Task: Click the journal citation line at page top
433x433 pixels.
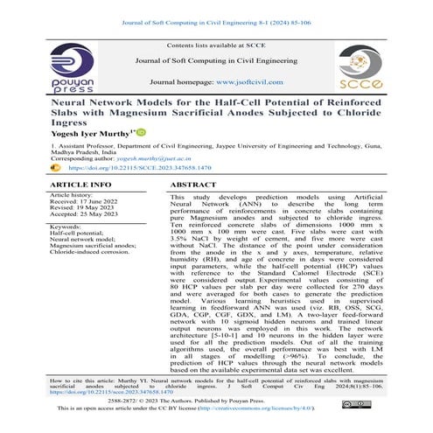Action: coord(216,10)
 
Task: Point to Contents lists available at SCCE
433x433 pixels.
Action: coord(215,43)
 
